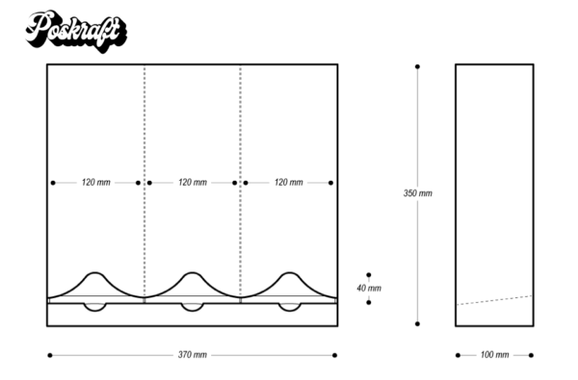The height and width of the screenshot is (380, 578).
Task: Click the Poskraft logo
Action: [75, 30]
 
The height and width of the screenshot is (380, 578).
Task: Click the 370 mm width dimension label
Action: [192, 355]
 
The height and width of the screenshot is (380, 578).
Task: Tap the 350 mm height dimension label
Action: [417, 193]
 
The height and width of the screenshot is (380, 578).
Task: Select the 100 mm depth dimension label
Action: [494, 355]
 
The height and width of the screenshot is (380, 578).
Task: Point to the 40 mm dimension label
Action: [368, 288]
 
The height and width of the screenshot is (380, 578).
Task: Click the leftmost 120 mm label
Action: [95, 182]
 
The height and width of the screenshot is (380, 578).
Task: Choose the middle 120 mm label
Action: [192, 182]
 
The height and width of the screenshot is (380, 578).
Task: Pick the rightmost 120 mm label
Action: [288, 182]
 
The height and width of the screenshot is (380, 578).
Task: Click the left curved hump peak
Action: [95, 274]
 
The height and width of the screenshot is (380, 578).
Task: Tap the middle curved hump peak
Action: [192, 274]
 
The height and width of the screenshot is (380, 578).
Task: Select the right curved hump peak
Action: [288, 274]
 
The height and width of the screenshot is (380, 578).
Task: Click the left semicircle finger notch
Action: [95, 307]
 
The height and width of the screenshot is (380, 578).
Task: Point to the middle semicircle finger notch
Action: [192, 307]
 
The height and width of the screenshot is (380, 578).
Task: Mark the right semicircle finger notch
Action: [288, 307]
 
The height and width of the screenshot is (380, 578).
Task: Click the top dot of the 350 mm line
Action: [417, 66]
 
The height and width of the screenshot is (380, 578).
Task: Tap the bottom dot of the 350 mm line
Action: [417, 324]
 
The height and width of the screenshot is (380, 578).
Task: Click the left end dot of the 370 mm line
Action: [49, 355]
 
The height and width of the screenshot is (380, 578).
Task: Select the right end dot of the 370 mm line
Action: [334, 355]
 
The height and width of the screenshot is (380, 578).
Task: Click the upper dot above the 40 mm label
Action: [368, 274]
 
